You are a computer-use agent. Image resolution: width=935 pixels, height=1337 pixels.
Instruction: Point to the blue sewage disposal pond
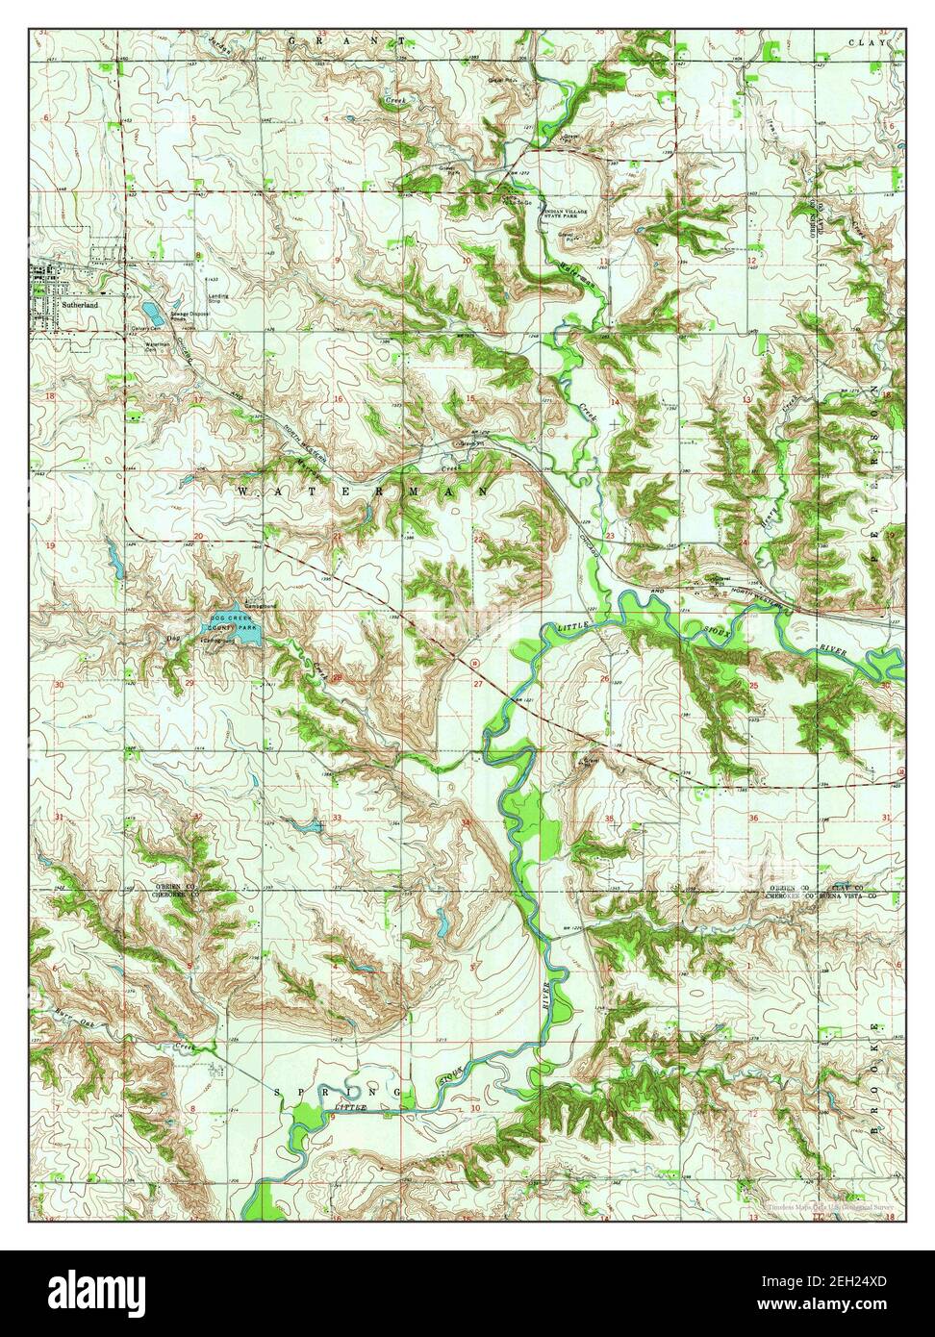click(x=151, y=311)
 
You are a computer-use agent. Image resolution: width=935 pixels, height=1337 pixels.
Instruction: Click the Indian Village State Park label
click(x=573, y=214)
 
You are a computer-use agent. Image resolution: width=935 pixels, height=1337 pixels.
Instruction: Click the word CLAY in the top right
click(x=864, y=43)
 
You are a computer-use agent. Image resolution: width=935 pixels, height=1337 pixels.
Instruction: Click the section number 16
click(x=338, y=398)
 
